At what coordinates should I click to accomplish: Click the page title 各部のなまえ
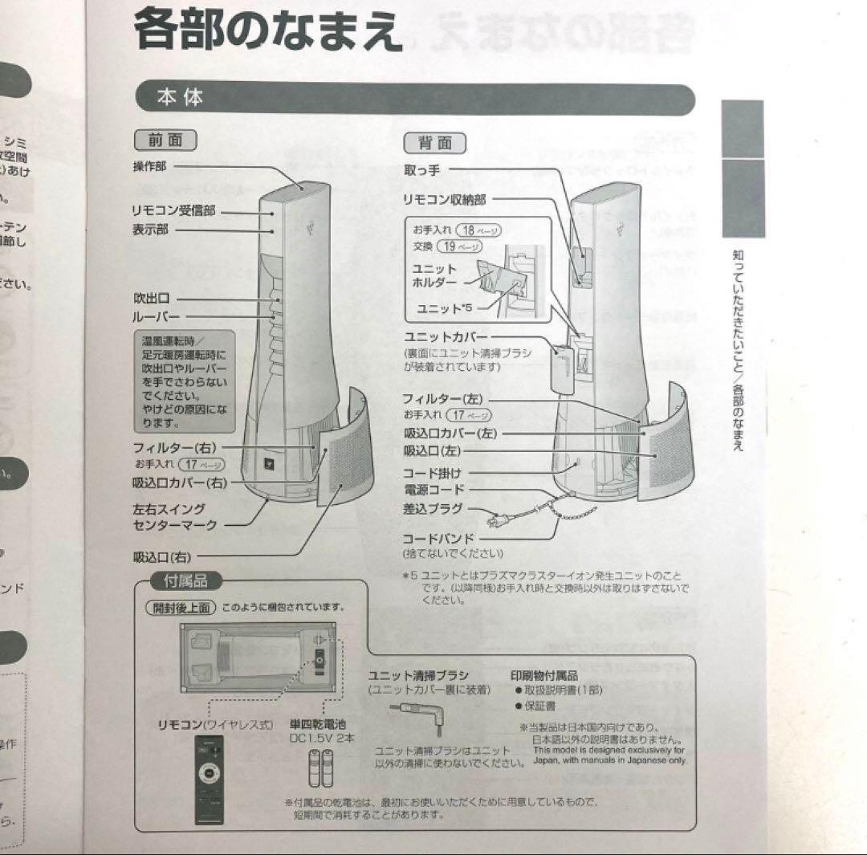pos(267,30)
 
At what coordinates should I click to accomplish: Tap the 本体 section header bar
pos(413,98)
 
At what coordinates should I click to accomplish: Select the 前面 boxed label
pos(165,140)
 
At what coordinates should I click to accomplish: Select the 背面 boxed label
pos(434,143)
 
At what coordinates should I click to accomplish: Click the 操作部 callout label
pos(151,166)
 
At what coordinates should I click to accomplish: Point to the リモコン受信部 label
pos(173,211)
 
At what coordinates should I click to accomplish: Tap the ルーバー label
pos(156,316)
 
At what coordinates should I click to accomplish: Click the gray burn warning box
pos(183,381)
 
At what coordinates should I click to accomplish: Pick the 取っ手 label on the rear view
pos(421,170)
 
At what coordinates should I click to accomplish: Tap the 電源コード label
pos(433,489)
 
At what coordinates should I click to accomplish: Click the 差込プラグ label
pos(433,508)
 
